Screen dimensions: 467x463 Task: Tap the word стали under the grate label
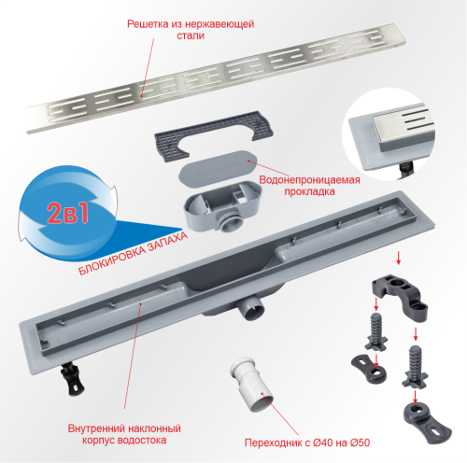(191, 35)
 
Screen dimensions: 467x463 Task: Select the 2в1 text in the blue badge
(67, 213)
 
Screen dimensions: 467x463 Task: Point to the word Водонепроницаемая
(309, 180)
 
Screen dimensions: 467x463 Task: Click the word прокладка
(309, 191)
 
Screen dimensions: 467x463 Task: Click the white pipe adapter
(251, 384)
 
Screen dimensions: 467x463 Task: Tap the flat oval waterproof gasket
(218, 168)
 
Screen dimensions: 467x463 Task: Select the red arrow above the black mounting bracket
(399, 258)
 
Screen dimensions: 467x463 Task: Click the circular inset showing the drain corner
(389, 134)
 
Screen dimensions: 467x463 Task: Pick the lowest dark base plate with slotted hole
(427, 420)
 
